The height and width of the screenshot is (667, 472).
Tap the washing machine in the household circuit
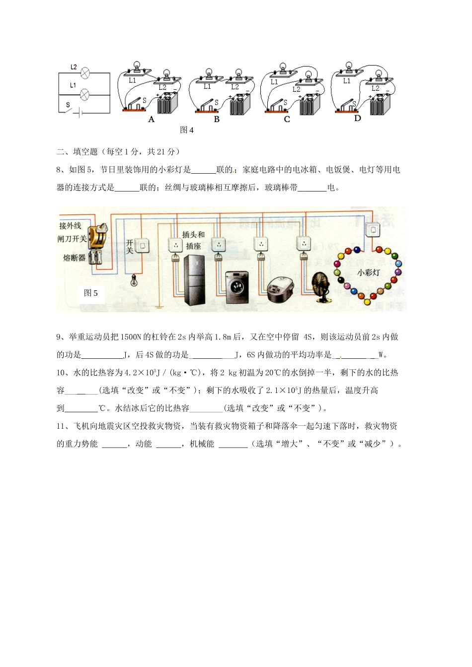237,287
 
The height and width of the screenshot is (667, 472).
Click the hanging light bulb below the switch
133,281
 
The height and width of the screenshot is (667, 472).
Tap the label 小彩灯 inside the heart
368,272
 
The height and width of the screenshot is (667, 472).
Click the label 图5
91,293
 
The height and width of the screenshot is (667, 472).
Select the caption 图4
187,130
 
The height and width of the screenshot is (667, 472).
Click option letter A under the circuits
152,120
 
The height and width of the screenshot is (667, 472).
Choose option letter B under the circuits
217,120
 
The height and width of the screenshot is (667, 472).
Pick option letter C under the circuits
287,120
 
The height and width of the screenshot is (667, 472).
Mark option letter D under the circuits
357,119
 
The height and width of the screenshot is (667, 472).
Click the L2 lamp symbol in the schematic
85,73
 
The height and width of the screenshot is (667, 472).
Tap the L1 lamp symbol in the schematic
85,93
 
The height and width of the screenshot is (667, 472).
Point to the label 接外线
70,226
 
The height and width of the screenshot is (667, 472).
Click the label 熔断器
75,258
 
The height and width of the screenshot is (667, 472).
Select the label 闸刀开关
72,239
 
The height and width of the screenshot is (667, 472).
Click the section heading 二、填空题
78,152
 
